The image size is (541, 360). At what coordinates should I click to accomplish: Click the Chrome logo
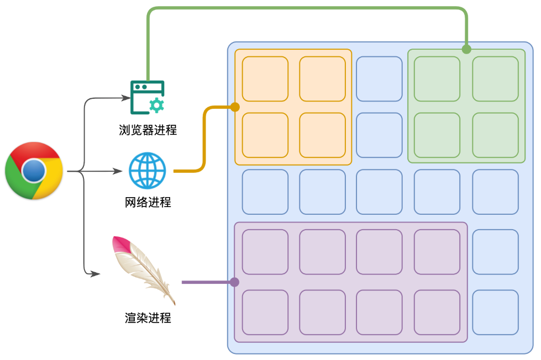(x=34, y=171)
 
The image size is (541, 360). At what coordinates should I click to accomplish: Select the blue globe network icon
(x=147, y=170)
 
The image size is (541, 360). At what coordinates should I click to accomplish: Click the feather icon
(x=143, y=269)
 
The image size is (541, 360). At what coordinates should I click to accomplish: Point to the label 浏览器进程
(x=148, y=130)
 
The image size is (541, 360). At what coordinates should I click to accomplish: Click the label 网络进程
(x=148, y=202)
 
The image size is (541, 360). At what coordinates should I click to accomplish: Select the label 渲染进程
(x=148, y=318)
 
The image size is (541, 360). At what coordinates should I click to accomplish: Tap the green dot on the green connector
(x=466, y=49)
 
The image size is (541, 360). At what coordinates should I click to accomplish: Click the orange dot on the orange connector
(x=235, y=107)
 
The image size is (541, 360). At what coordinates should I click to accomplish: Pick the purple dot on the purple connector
(x=234, y=282)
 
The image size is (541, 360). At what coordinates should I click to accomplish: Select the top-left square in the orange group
(x=265, y=79)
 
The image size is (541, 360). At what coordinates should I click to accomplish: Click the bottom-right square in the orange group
(x=322, y=135)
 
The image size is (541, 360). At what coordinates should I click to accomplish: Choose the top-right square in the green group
(x=495, y=79)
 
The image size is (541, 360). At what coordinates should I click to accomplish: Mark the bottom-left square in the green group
(x=437, y=135)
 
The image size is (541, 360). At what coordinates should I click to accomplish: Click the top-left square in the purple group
(x=265, y=252)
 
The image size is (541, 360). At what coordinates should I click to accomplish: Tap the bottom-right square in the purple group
(x=437, y=313)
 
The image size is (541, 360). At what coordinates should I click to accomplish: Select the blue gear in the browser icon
(x=157, y=105)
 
